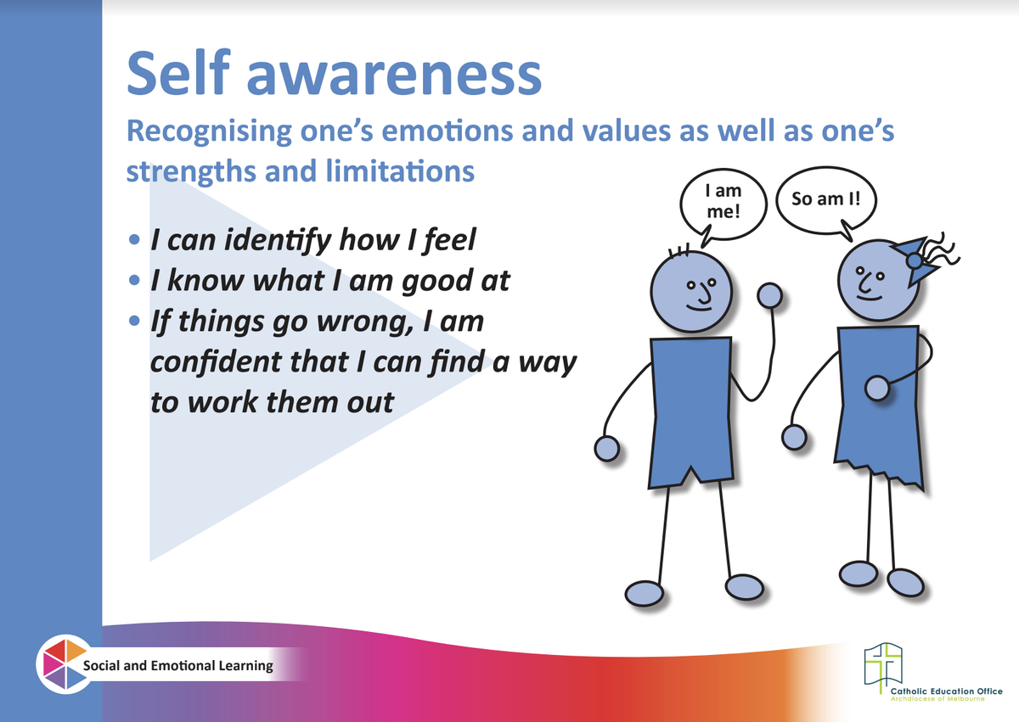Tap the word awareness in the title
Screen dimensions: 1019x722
394,75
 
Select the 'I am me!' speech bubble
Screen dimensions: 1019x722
723,205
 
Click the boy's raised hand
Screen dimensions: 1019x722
769,295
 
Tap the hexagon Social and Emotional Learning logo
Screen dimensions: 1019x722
65,664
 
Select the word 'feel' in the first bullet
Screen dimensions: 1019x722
449,240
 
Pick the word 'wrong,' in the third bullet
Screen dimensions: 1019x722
365,323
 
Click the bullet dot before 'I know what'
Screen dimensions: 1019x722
134,280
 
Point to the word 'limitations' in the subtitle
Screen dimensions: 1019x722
400,171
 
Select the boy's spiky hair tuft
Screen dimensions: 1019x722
678,250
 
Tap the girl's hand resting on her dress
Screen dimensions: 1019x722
876,389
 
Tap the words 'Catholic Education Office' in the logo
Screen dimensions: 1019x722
946,691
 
